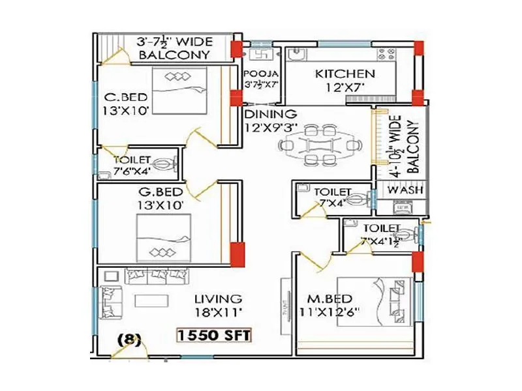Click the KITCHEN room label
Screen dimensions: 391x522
click(x=345, y=74)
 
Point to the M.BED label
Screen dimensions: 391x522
click(x=331, y=298)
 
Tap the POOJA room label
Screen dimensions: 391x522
click(x=262, y=73)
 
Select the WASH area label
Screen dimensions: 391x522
click(x=405, y=190)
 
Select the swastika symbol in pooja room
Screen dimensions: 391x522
click(x=262, y=54)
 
